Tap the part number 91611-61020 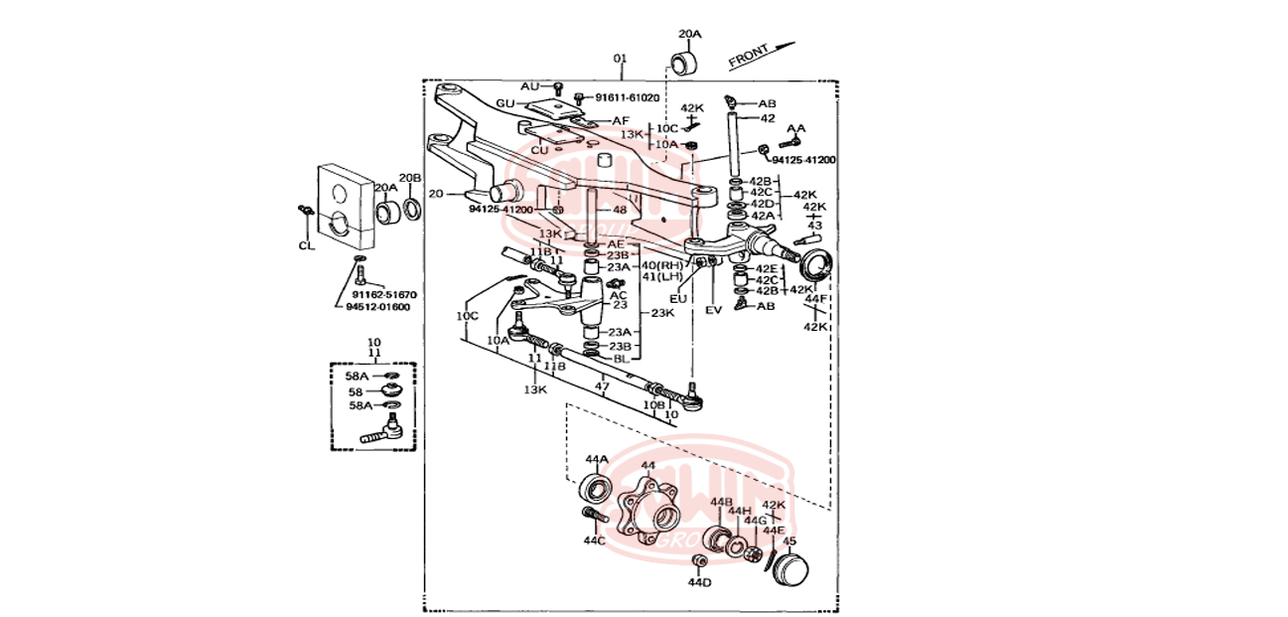[x=627, y=97]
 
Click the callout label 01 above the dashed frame [x=621, y=60]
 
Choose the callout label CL [x=306, y=244]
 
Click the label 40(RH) [x=662, y=265]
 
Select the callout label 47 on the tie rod [x=602, y=386]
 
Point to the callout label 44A [x=596, y=459]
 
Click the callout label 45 [x=789, y=541]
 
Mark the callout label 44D [x=700, y=583]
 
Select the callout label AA [x=795, y=129]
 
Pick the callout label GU [x=505, y=104]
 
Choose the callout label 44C [x=594, y=540]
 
